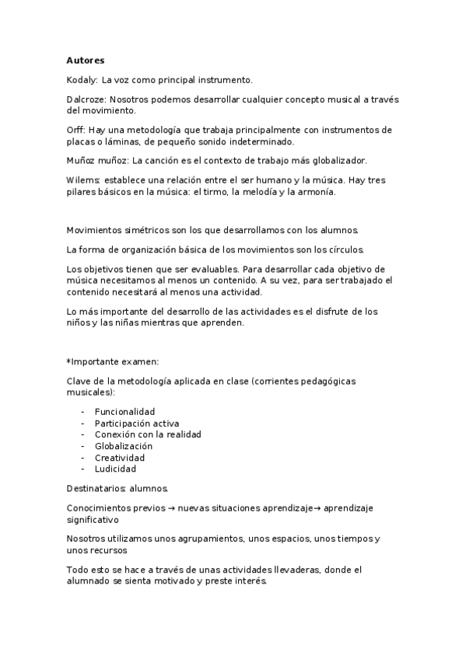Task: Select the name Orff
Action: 75,130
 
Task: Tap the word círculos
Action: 340,249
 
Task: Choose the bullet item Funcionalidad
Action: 124,411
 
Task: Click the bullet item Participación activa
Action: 137,423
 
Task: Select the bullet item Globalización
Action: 124,446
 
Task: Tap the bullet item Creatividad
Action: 120,458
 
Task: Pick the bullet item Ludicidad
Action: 115,469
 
